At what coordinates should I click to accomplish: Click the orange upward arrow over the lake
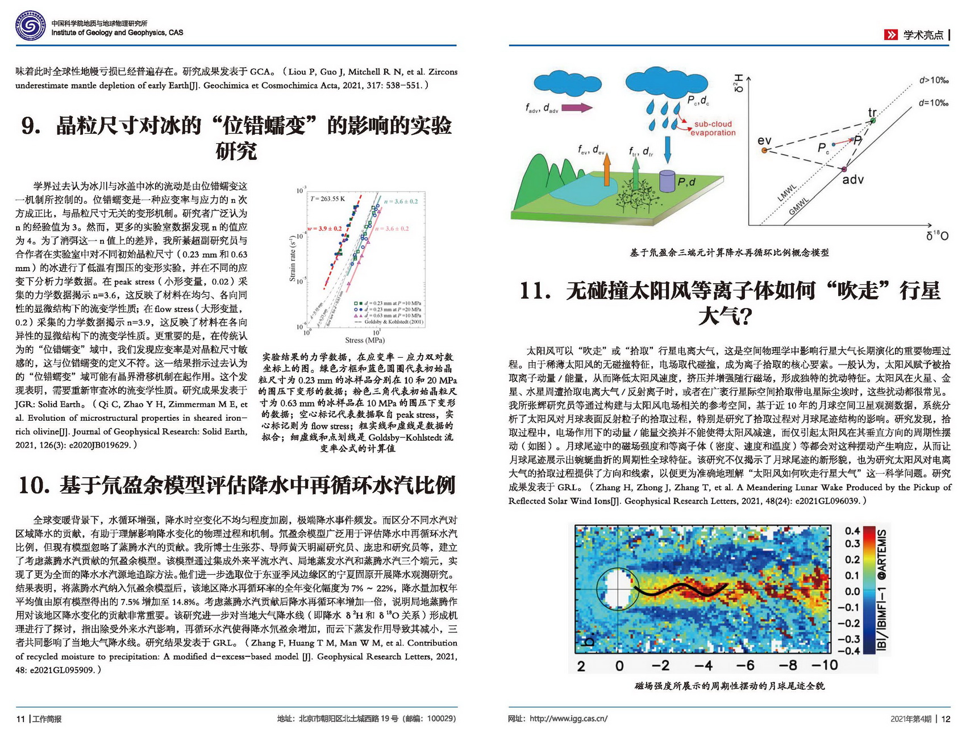(607, 170)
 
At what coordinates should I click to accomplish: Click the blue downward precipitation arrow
(668, 149)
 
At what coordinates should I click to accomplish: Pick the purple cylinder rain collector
(667, 180)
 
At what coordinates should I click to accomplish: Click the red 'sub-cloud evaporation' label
(713, 128)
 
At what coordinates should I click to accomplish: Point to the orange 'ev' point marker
(764, 150)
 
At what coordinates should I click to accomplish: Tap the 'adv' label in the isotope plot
(852, 180)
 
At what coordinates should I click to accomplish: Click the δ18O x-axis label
(937, 235)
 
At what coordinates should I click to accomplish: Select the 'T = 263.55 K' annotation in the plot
(328, 198)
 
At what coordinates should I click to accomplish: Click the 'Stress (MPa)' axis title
(365, 340)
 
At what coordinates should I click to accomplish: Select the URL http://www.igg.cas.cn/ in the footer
(568, 719)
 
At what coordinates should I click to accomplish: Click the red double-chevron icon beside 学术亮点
(890, 35)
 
